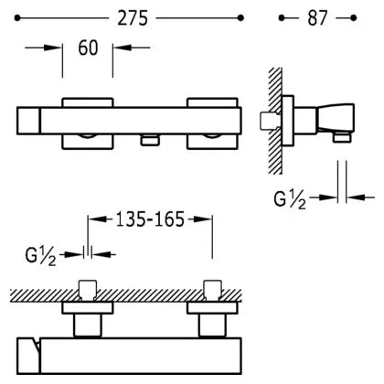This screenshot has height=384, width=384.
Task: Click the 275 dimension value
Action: click(x=133, y=18)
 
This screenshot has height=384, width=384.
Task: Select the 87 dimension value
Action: click(x=317, y=18)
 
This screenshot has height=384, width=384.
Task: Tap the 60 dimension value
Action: click(x=88, y=48)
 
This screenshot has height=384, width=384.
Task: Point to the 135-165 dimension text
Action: click(x=150, y=219)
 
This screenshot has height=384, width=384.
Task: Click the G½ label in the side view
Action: click(x=290, y=199)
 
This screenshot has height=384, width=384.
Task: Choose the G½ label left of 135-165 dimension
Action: click(x=41, y=256)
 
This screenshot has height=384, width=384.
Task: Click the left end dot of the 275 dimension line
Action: click(x=17, y=18)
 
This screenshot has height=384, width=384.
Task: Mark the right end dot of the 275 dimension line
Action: click(x=240, y=18)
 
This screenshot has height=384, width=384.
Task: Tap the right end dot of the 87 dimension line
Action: click(x=354, y=18)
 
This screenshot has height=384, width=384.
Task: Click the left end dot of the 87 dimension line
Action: click(x=282, y=18)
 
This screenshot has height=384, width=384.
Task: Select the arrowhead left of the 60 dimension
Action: click(x=53, y=48)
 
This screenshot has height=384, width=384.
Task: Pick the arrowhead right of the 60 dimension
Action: click(x=122, y=48)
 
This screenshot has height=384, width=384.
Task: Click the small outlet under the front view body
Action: click(x=150, y=140)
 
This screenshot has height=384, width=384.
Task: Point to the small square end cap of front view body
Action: click(x=28, y=121)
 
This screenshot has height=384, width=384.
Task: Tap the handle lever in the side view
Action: click(x=336, y=118)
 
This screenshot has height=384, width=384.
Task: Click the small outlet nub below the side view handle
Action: click(x=341, y=137)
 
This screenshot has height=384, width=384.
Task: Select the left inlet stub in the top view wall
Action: click(x=88, y=291)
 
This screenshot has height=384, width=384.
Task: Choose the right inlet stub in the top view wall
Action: click(x=213, y=291)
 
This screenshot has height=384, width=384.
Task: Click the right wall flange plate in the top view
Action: click(x=212, y=308)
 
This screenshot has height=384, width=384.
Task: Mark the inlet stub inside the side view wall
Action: click(x=269, y=121)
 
